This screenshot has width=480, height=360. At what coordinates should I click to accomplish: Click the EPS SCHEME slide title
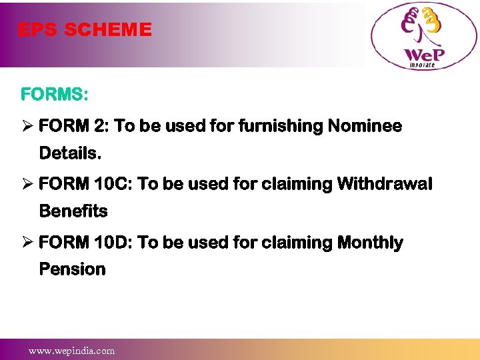coord(85,30)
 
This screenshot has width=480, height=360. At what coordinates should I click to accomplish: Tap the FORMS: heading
coord(54,95)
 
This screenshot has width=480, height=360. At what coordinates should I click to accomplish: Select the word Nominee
coord(365,126)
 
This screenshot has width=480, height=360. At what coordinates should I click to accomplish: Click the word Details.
coord(70,153)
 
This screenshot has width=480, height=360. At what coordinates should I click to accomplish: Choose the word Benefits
coord(73,211)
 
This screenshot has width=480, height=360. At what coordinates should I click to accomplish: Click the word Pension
coord(72,269)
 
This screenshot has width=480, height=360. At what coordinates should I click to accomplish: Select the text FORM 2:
coord(74,126)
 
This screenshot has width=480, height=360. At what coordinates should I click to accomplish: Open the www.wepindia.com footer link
coord(71,350)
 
